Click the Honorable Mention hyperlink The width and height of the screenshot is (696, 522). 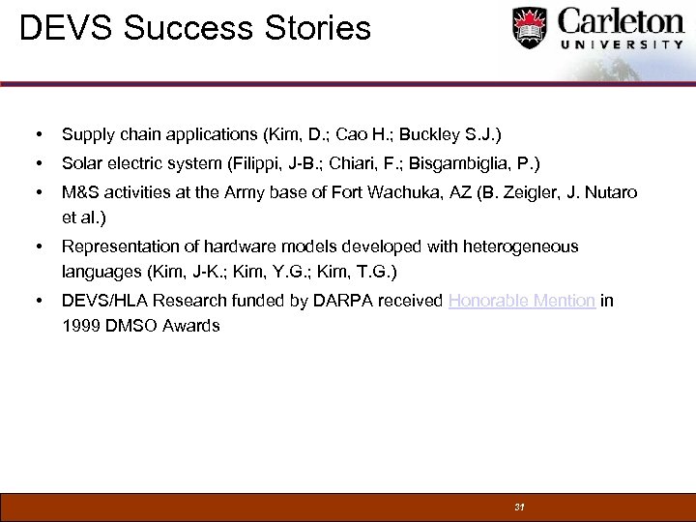(x=521, y=302)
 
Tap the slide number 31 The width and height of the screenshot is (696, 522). (x=519, y=507)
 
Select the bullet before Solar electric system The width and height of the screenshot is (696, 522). (x=35, y=163)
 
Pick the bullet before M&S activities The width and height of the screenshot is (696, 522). (x=35, y=193)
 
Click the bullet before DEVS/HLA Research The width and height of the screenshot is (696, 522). (x=35, y=302)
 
